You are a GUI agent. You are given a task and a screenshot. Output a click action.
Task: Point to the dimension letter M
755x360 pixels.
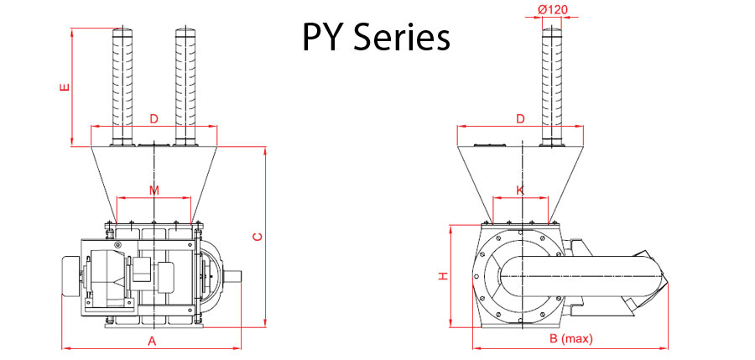tap(154, 190)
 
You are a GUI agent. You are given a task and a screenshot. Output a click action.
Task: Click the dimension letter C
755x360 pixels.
tap(258, 236)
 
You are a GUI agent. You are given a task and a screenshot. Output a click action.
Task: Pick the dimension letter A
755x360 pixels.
tap(152, 341)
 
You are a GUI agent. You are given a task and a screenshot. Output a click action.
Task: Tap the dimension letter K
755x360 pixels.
tap(520, 190)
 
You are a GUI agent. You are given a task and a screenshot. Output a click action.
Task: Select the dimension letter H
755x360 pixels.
tap(443, 276)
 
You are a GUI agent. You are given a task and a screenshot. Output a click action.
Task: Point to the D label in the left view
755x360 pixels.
tap(154, 119)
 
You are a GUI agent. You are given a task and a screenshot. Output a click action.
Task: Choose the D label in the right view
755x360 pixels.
tap(520, 119)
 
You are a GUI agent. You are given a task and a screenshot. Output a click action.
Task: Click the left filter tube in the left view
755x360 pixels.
tap(122, 84)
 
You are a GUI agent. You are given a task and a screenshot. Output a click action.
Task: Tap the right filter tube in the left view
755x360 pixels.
tap(185, 84)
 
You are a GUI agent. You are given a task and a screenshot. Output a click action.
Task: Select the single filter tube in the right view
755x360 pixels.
tap(551, 84)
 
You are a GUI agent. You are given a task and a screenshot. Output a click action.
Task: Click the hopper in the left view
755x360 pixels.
tap(154, 172)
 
